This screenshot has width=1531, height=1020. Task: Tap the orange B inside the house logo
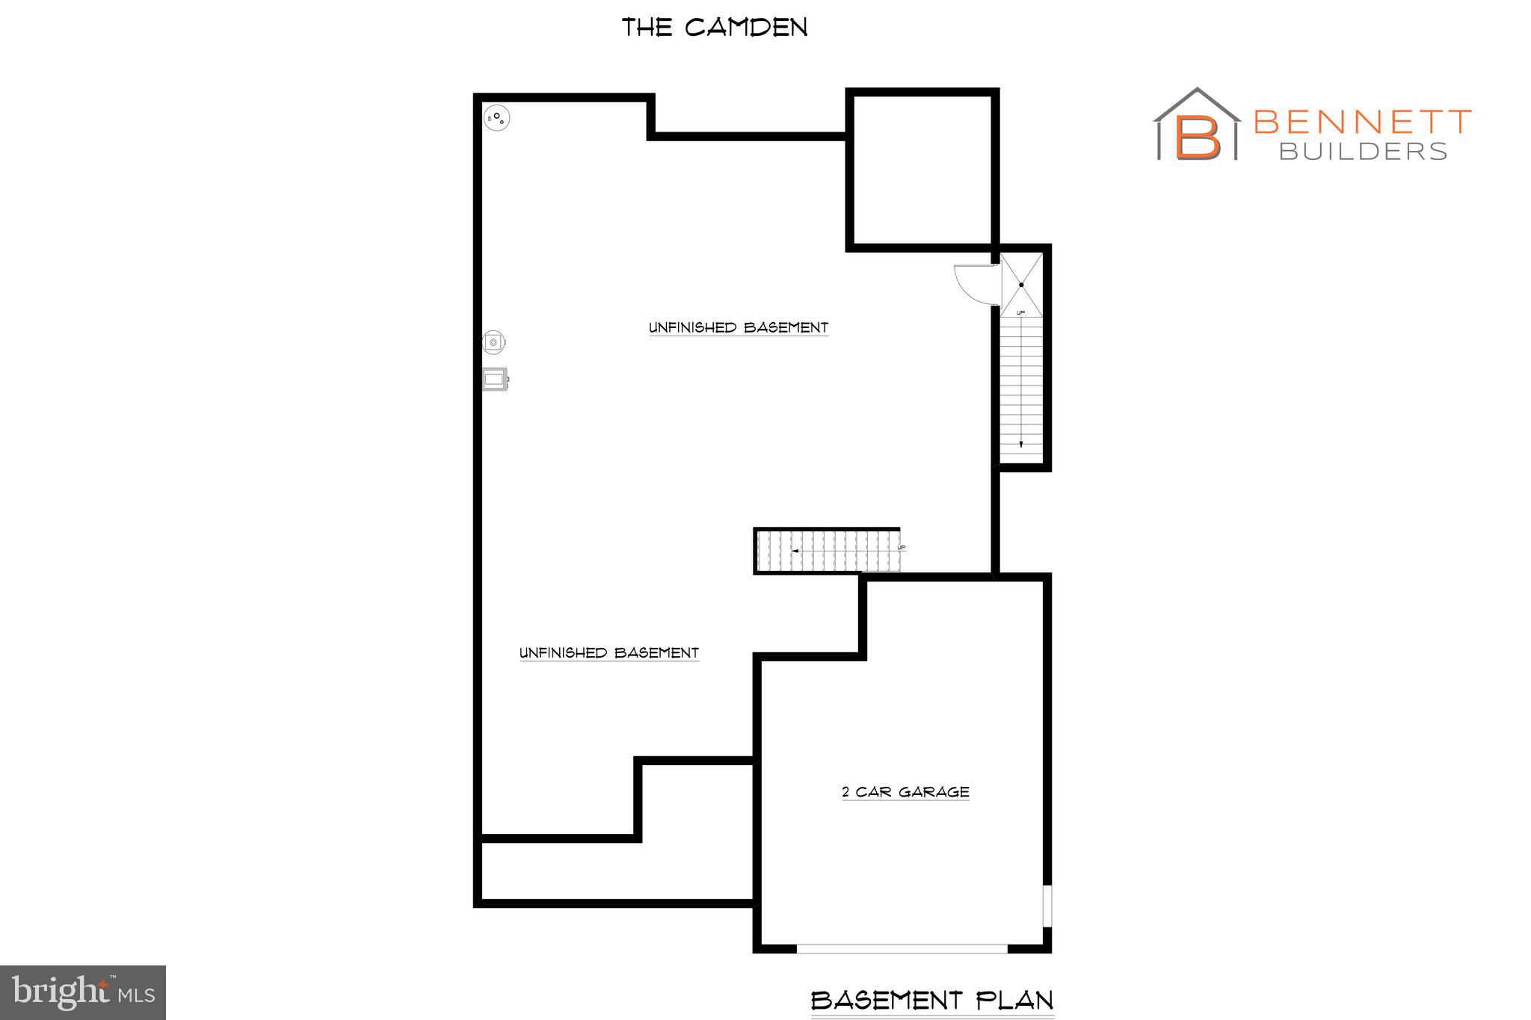coord(1198,136)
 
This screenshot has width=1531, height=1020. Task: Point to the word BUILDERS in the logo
coord(1363,152)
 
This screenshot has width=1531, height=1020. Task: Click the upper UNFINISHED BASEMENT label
coord(738,327)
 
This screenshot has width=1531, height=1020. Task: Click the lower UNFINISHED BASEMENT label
coord(609,652)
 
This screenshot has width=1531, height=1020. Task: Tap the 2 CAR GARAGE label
coord(905,791)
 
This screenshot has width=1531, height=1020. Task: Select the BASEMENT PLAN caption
coord(932,1000)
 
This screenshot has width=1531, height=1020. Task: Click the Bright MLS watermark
coord(83,992)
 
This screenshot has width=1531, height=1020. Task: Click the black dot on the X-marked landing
coord(1021,285)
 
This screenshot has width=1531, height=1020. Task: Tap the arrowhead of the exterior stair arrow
coord(1021,445)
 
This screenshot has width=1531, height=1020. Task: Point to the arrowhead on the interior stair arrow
coord(795,551)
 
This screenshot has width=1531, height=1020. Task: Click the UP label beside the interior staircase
coord(902,548)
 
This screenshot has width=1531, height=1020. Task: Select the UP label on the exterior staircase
coord(1021,312)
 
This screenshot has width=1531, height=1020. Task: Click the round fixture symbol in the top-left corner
coord(496,117)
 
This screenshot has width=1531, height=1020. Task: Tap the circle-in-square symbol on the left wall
coord(494,342)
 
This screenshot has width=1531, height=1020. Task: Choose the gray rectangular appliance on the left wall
coord(495,380)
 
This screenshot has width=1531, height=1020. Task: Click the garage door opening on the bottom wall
coord(902,948)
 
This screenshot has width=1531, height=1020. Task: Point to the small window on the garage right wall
coord(1047,906)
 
